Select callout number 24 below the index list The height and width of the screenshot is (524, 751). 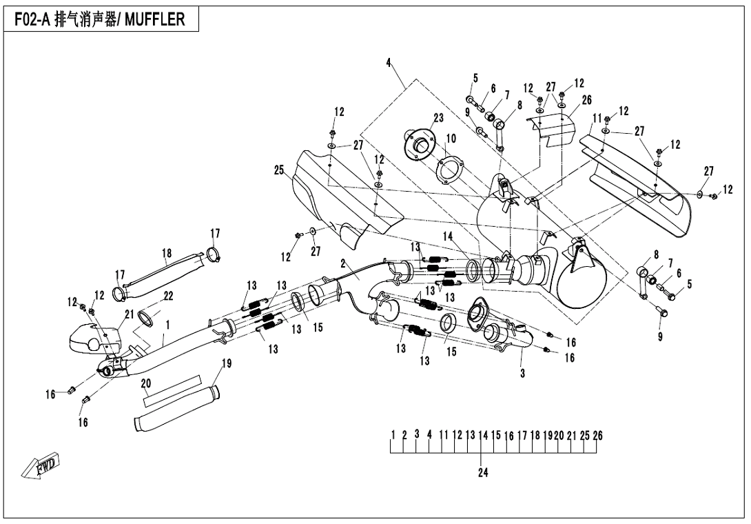(x=482, y=473)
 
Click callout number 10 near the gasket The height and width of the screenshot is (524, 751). (x=450, y=139)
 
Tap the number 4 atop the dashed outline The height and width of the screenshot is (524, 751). (x=389, y=63)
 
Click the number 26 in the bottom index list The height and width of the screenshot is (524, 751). (x=597, y=435)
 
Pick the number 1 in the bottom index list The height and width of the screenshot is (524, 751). (x=392, y=435)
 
